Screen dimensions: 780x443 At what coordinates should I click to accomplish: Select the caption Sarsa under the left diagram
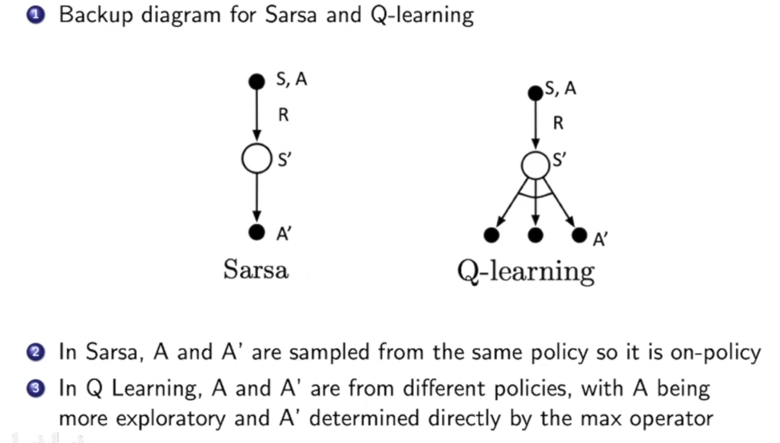(255, 270)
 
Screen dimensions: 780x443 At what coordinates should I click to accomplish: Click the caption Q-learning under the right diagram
(526, 271)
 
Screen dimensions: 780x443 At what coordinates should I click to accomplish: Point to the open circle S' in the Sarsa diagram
(257, 157)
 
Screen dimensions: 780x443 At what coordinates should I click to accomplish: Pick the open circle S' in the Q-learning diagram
(535, 165)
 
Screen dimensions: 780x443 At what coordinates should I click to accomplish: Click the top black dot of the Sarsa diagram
(257, 81)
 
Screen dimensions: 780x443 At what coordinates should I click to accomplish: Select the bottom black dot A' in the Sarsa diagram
(257, 232)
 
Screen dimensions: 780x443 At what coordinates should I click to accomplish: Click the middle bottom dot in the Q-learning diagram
(536, 235)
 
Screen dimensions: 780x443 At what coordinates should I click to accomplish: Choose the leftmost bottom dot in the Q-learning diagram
(491, 235)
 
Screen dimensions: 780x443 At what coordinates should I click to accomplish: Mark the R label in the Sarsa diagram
(283, 116)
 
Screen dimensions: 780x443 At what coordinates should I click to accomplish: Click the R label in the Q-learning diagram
(558, 124)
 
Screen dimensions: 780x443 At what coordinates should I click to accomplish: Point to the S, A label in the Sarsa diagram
(292, 79)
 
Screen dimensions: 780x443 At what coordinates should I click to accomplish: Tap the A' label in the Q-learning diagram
(600, 239)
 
